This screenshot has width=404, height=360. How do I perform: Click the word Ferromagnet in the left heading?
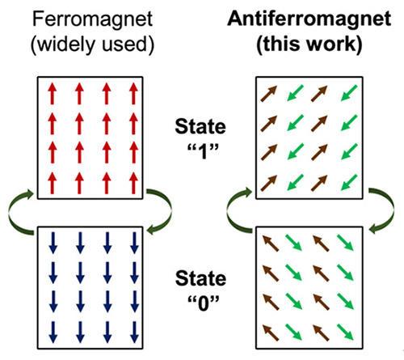(x=92, y=20)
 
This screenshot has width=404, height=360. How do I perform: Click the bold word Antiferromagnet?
(x=309, y=20)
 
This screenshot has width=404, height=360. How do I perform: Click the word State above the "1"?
(x=200, y=127)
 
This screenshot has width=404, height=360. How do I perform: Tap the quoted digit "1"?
(x=203, y=151)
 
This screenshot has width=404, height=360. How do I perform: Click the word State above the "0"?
(x=200, y=278)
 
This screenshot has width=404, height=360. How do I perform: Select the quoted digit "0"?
(x=204, y=303)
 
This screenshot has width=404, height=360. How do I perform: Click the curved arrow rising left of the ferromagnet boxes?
(x=10, y=213)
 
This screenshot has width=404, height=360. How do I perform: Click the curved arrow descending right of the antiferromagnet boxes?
(x=393, y=210)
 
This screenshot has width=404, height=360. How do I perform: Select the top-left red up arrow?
(x=53, y=94)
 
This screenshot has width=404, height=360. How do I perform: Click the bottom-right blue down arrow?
(x=134, y=332)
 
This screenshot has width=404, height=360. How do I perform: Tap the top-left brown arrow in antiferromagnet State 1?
(x=269, y=94)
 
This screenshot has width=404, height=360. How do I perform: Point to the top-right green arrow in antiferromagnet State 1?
(x=349, y=93)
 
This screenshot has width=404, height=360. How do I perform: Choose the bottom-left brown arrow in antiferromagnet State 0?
(x=271, y=332)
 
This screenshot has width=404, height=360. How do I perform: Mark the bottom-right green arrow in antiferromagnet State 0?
(x=345, y=332)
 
